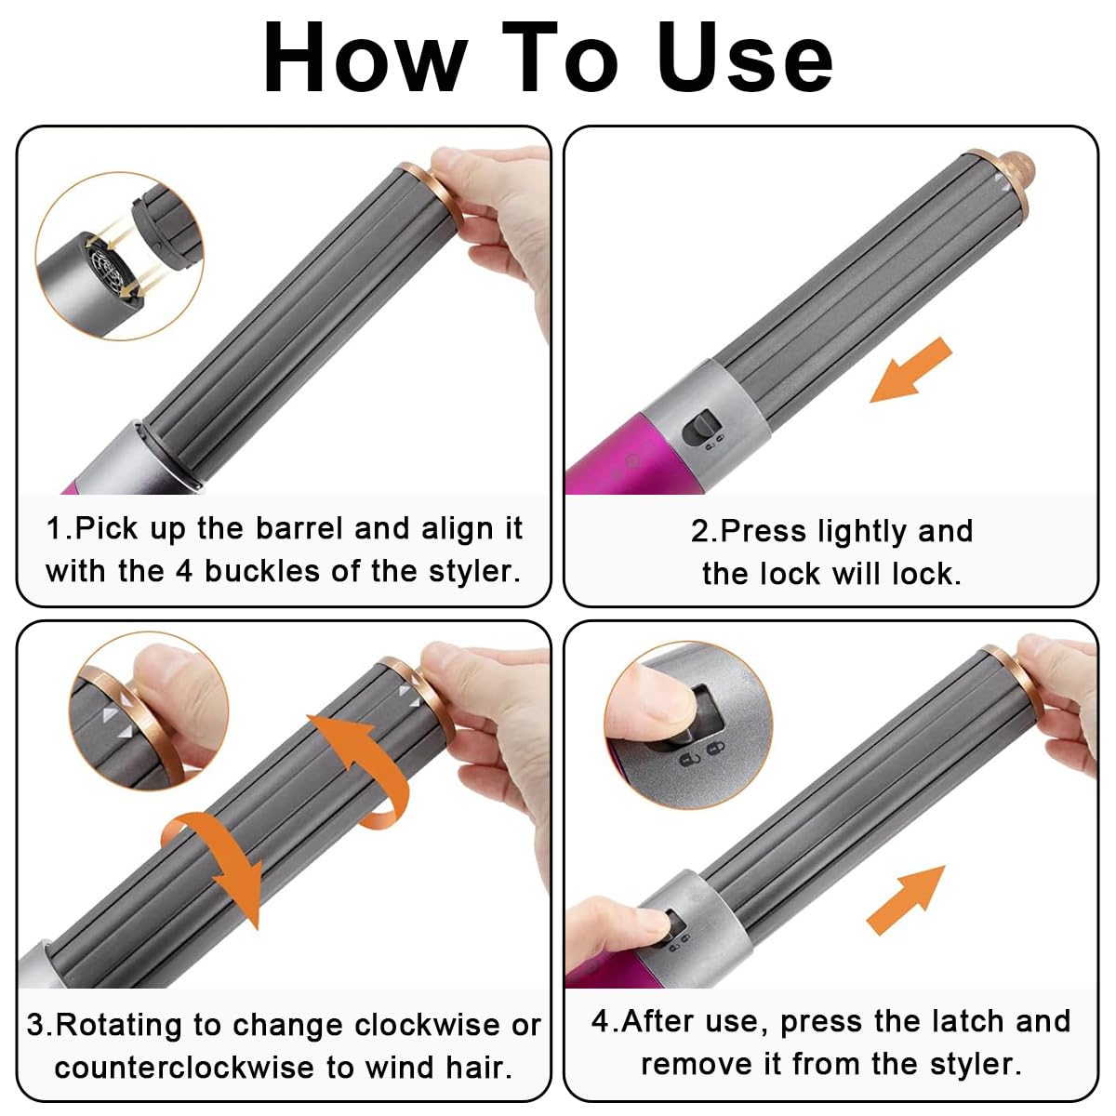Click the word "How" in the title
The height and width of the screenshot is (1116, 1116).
[365, 58]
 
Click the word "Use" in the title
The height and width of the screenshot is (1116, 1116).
[744, 58]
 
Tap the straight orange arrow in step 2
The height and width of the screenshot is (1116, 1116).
[911, 371]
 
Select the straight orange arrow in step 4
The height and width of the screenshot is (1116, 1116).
[905, 900]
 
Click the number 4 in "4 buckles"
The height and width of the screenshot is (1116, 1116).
[183, 572]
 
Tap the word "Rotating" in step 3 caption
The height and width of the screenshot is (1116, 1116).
[119, 1027]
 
